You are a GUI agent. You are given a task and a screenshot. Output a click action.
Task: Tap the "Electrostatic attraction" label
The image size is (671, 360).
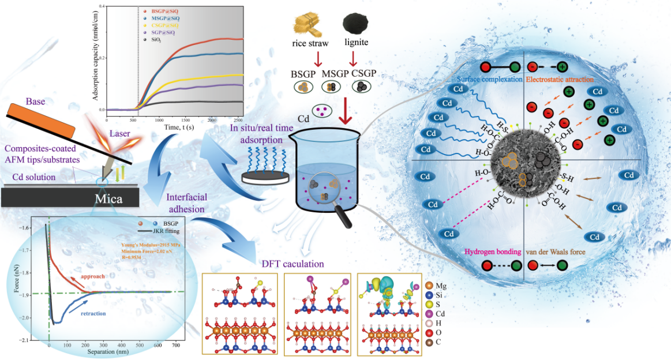[558, 79]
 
